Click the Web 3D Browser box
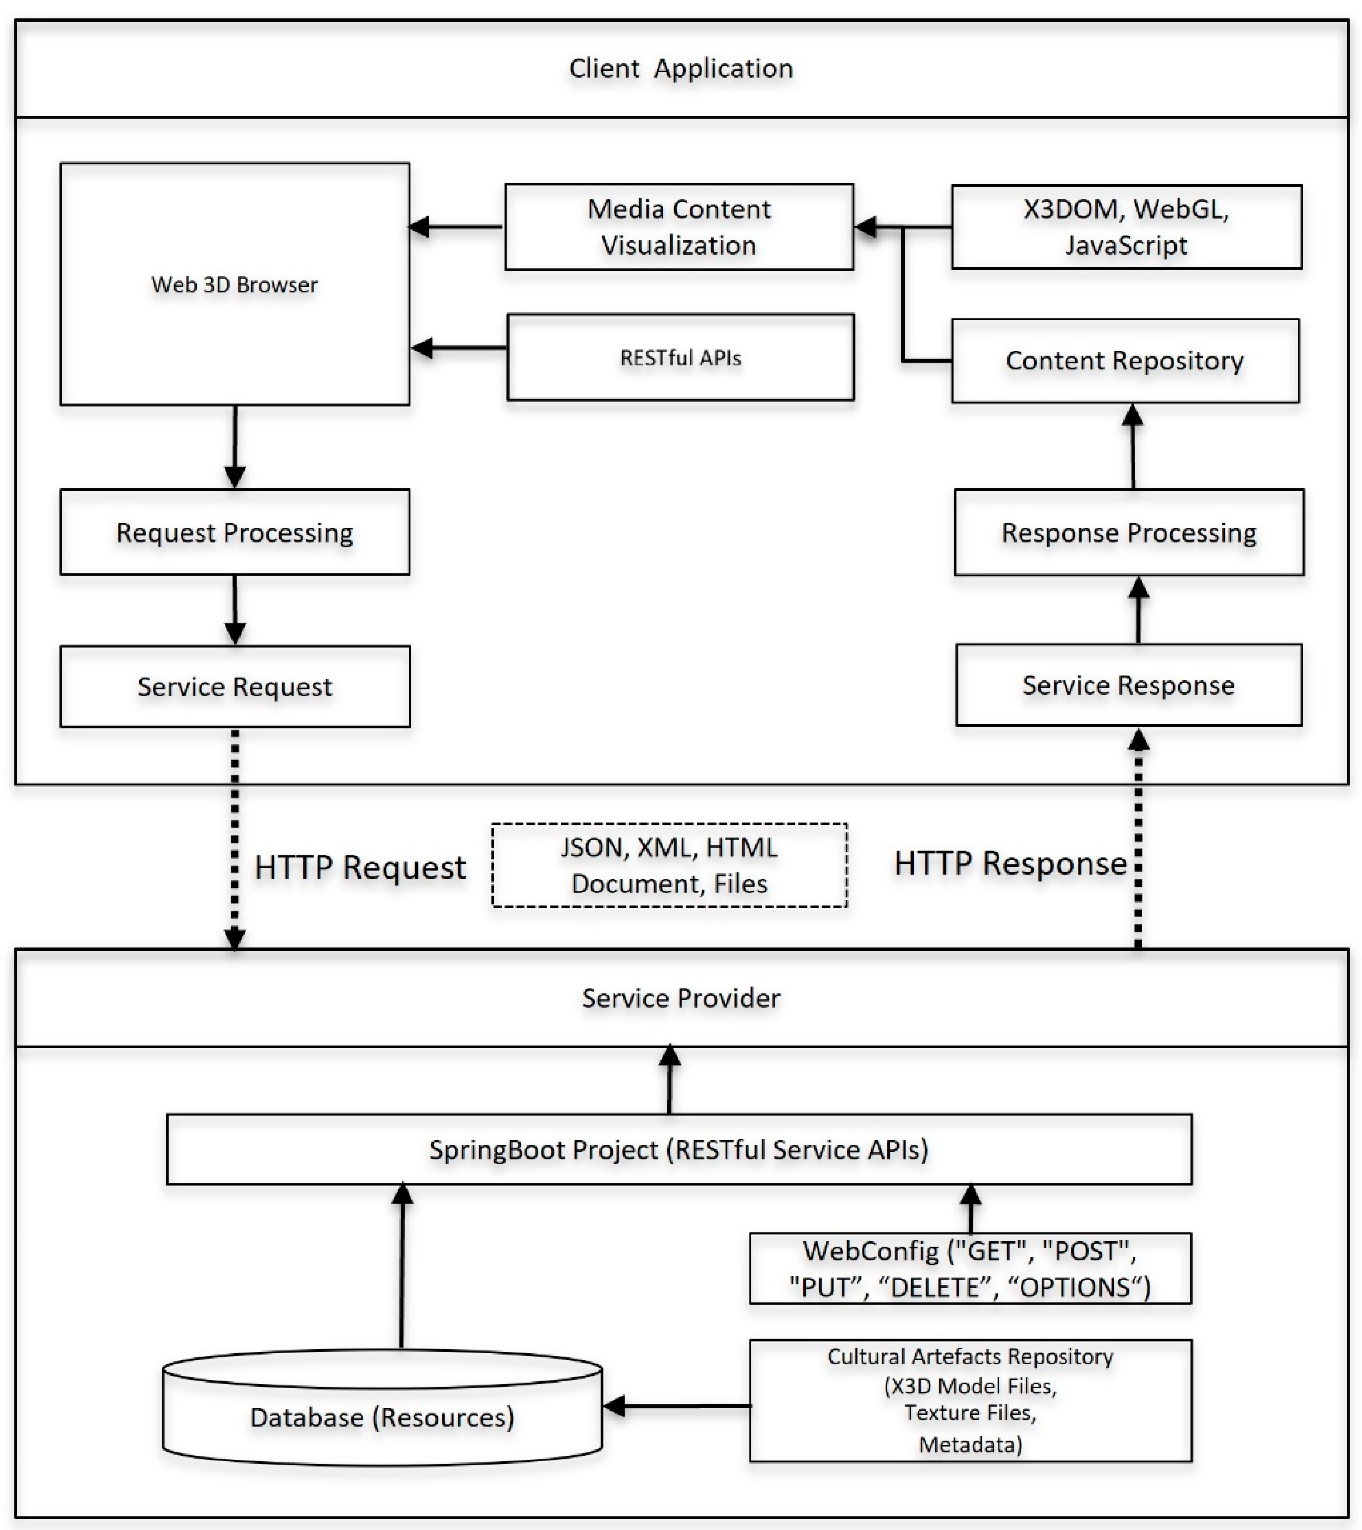pyautogui.click(x=234, y=284)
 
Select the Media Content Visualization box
pyautogui.click(x=679, y=227)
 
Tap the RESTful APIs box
pyautogui.click(x=680, y=357)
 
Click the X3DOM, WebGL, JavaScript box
pyautogui.click(x=1126, y=227)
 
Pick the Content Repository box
pyautogui.click(x=1125, y=361)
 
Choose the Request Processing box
pyautogui.click(x=234, y=532)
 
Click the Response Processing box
pyautogui.click(x=1129, y=532)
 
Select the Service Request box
pyautogui.click(x=234, y=686)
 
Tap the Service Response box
pyautogui.click(x=1129, y=685)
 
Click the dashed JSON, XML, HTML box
pyautogui.click(x=669, y=865)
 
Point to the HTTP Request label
pyautogui.click(x=360, y=867)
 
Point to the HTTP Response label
pyautogui.click(x=1010, y=863)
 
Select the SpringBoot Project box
pyautogui.click(x=679, y=1149)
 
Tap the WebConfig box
pyautogui.click(x=970, y=1269)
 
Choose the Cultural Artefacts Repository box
pyautogui.click(x=970, y=1400)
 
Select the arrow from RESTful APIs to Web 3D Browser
pyautogui.click(x=458, y=348)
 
